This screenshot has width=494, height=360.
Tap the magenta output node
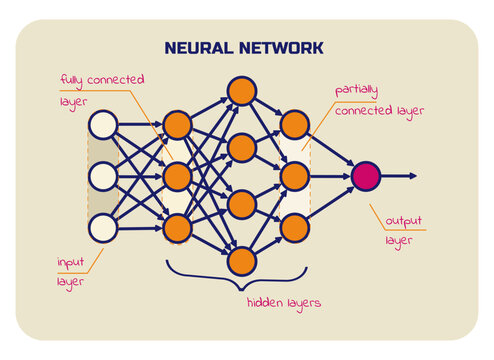click(366, 176)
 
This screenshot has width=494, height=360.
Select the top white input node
click(104, 125)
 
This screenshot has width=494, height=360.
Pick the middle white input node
click(104, 176)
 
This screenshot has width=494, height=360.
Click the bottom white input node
click(104, 228)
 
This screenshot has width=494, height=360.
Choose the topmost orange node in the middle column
click(241, 91)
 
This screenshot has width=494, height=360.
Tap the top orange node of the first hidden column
click(177, 125)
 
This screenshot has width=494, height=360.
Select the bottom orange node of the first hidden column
click(177, 228)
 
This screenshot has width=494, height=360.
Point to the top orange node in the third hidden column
click(293, 125)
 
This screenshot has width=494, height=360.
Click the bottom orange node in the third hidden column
click(293, 228)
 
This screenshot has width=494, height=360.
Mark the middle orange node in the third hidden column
click(293, 176)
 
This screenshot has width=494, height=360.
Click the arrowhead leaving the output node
click(412, 176)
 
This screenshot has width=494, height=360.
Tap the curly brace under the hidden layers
click(241, 279)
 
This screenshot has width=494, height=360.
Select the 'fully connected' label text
click(101, 79)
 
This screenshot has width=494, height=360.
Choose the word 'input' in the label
click(72, 262)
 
